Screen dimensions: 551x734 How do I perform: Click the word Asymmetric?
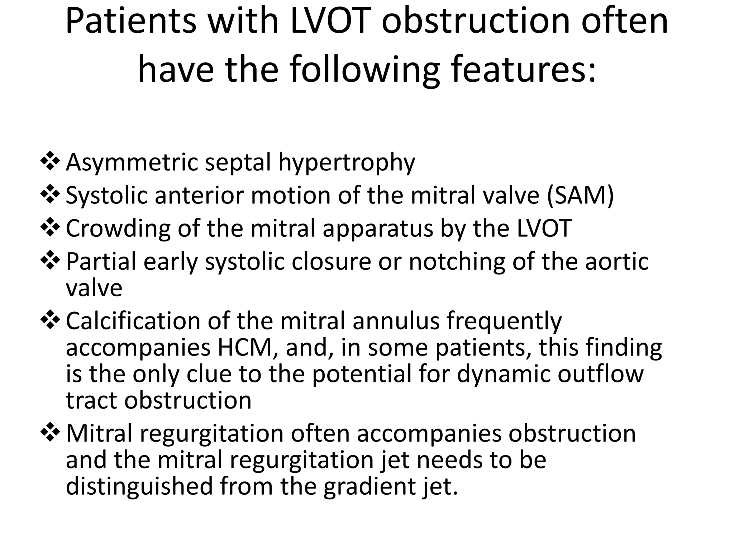(x=132, y=163)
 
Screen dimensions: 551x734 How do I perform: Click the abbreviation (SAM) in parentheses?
(x=580, y=196)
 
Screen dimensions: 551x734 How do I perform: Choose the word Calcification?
(x=133, y=321)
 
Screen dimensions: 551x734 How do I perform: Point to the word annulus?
(x=396, y=321)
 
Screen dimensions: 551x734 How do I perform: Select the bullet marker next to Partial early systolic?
(x=50, y=260)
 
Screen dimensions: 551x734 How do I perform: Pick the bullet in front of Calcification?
(x=50, y=319)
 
